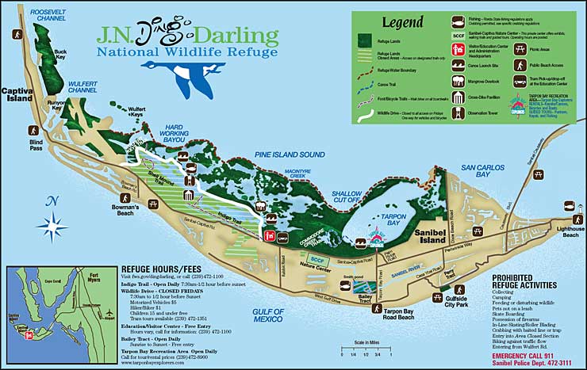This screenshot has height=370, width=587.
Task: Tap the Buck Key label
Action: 60,55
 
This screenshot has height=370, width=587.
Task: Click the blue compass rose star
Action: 52,227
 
